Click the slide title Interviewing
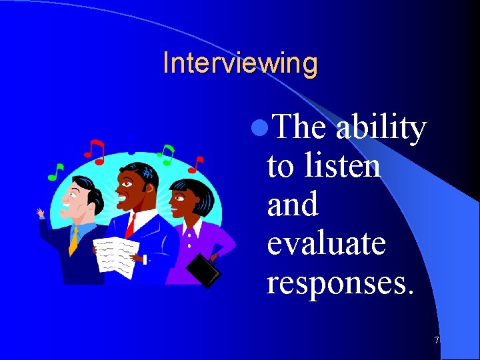pos(240,63)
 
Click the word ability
pos(381,128)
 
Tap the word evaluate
pos(326,243)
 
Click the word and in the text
pos(293,204)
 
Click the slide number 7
pos(436,341)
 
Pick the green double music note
pos(166,154)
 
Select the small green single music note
pos(55,172)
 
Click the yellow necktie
pos(73,241)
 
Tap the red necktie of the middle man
pos(131,224)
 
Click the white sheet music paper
pos(116,254)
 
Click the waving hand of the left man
pos(41,213)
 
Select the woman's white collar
pos(191,231)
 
